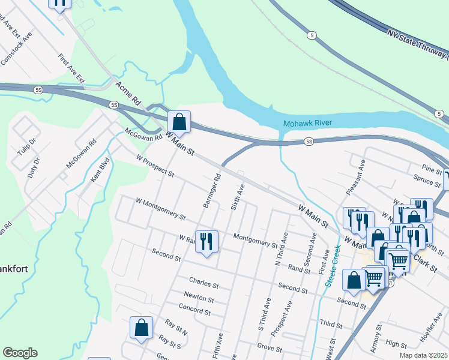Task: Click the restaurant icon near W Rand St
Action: (x=206, y=242)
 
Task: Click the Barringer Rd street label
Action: (x=212, y=191)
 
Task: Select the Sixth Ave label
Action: (x=238, y=197)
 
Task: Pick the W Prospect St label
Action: (x=155, y=167)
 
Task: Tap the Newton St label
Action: (x=199, y=298)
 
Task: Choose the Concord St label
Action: (x=194, y=311)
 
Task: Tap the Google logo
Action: (x=20, y=353)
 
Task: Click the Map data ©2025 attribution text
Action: (x=423, y=355)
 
